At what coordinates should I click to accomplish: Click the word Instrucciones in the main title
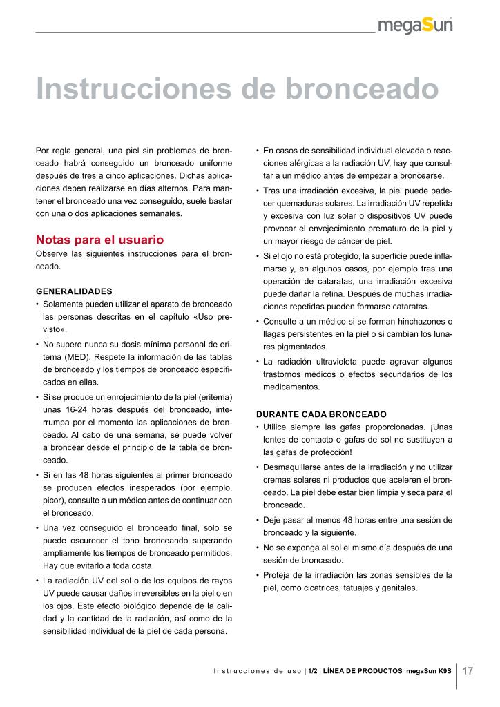[133, 89]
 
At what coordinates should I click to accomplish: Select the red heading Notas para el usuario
[99, 240]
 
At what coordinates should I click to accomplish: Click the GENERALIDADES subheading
[74, 291]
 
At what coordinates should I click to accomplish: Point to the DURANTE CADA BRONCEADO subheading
[321, 414]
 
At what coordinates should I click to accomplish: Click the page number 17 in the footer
[468, 670]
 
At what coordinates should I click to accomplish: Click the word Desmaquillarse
[295, 467]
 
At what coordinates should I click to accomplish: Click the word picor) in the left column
[55, 500]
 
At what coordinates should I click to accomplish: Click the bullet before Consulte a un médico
[258, 322]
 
